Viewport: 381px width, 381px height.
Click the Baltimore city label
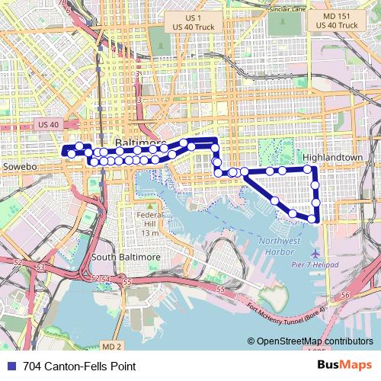click(x=139, y=143)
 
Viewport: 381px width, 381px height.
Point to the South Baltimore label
click(x=126, y=257)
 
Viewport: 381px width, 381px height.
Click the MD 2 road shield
click(x=111, y=346)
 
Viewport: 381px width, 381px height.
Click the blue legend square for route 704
click(x=10, y=365)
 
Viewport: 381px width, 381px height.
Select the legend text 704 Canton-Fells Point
click(x=75, y=365)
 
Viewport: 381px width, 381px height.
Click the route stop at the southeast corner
click(x=312, y=219)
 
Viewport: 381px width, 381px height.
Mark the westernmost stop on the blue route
click(x=72, y=154)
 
